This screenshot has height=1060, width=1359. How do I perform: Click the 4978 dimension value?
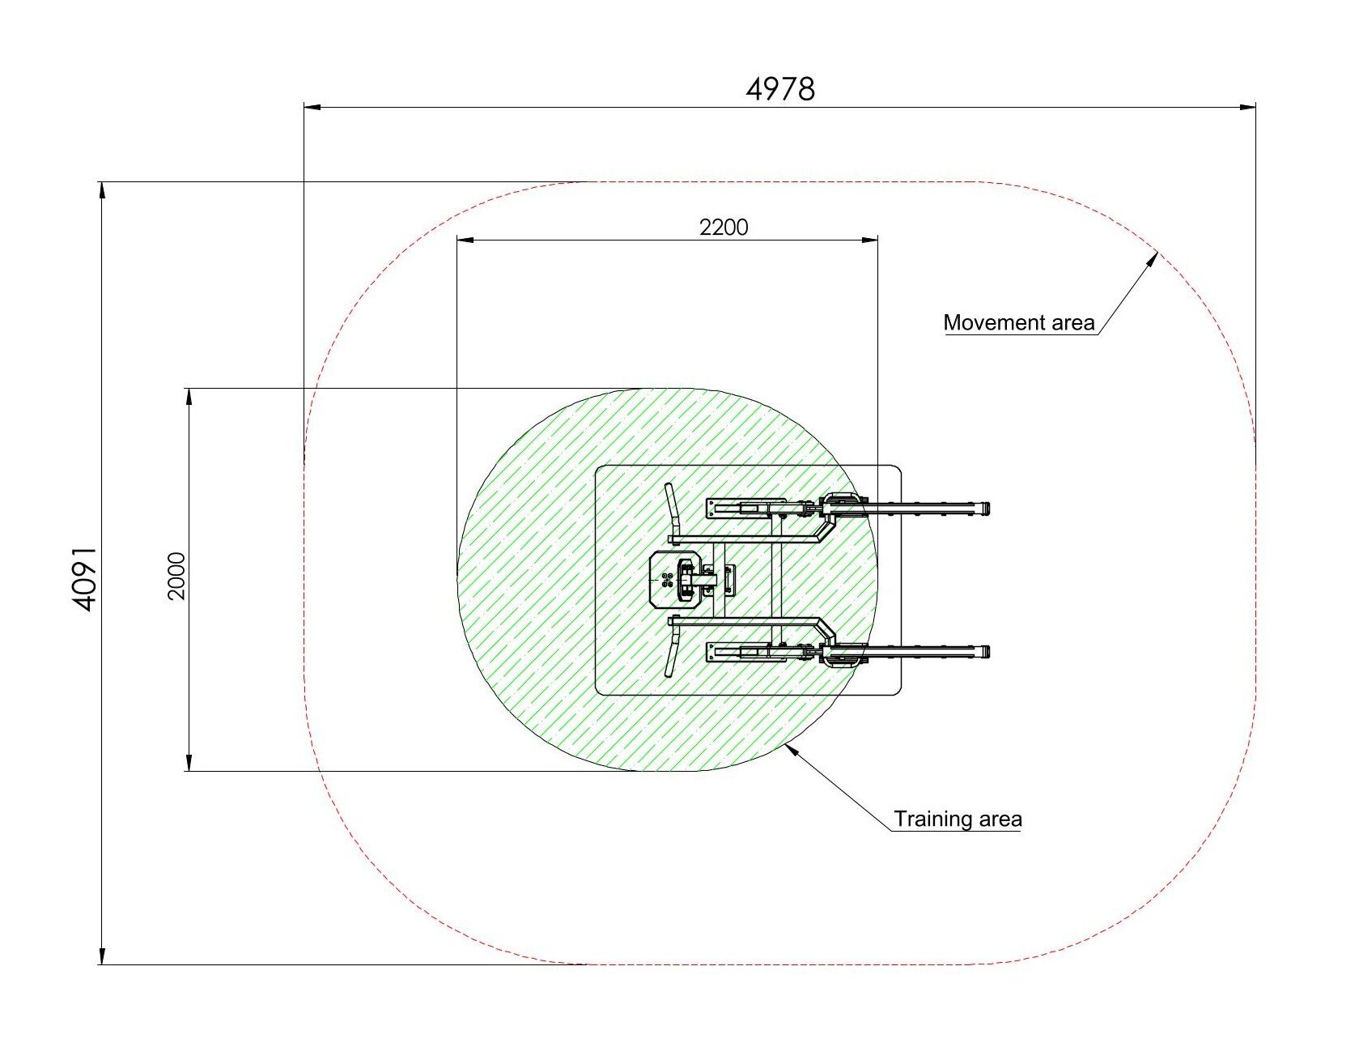(x=780, y=88)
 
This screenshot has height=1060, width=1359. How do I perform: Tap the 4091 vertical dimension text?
(x=84, y=577)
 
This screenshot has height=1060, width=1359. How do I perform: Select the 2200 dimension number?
(x=724, y=227)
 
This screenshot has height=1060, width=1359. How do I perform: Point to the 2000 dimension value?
(x=176, y=576)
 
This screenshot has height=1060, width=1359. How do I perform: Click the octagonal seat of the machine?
(x=677, y=579)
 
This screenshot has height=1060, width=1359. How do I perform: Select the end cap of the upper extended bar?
(x=985, y=509)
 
